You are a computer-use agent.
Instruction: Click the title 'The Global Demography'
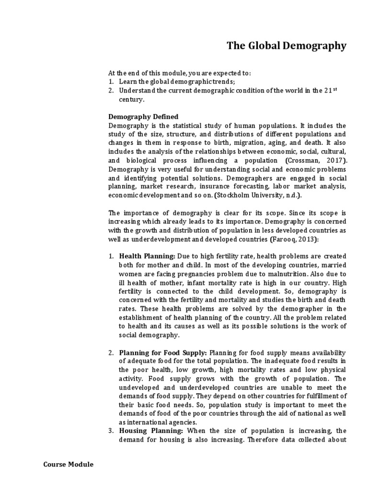[x=286, y=46]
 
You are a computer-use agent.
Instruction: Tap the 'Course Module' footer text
[x=69, y=464]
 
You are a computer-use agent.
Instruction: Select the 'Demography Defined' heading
[x=143, y=117]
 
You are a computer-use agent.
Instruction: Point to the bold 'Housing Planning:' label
[x=151, y=431]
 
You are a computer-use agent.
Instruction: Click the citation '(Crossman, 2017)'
[x=317, y=160]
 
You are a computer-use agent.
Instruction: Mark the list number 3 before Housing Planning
[x=111, y=431]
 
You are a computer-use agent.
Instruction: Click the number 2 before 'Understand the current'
[x=111, y=91]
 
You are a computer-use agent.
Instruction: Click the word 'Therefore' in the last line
[x=264, y=439]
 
